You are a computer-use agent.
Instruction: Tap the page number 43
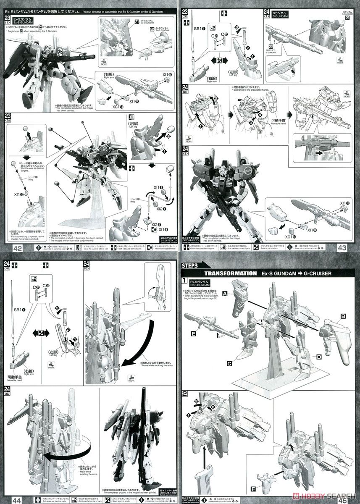click(x=342, y=248)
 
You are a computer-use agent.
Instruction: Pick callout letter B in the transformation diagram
click(x=343, y=315)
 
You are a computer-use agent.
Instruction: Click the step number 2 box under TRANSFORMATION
click(x=184, y=394)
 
